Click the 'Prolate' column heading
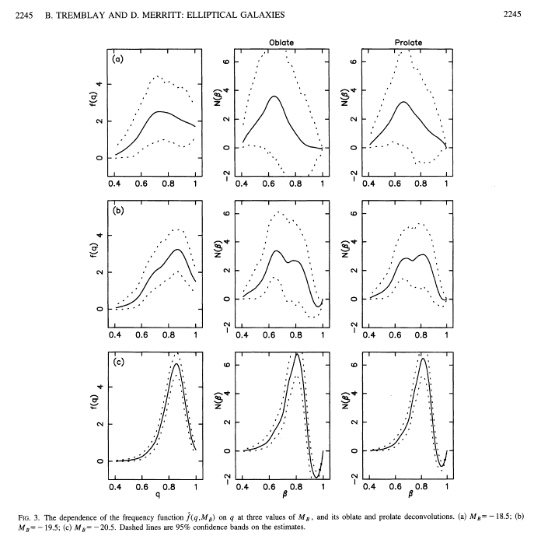coord(406,42)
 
